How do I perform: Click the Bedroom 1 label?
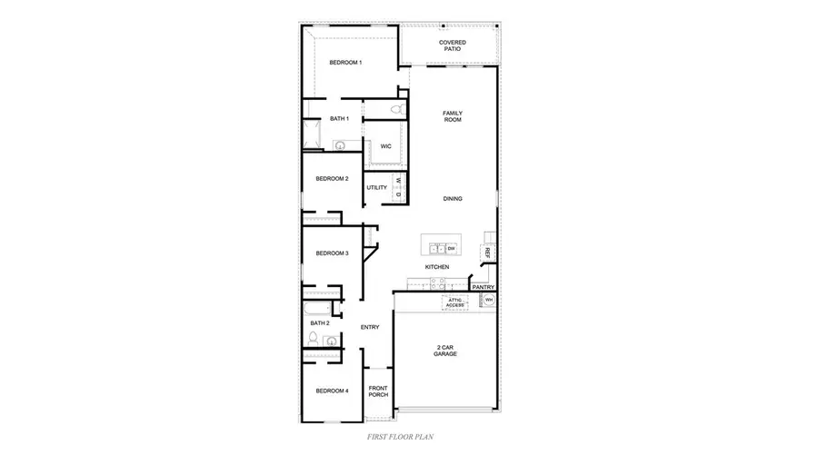point(344,63)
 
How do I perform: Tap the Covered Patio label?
point(453,45)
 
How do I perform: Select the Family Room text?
point(453,117)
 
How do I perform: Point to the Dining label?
point(453,198)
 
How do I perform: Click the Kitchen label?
point(437,267)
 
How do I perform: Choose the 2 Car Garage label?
point(445,350)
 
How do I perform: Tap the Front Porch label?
point(378,392)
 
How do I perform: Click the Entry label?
point(369,327)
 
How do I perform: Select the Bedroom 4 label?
point(332,391)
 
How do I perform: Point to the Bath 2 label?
point(319,322)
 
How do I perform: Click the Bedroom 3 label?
point(332,253)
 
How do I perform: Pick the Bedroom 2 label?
point(332,179)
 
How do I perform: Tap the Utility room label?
point(377,188)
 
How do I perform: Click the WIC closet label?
point(385,145)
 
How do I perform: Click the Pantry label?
point(483,287)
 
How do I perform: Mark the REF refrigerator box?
point(488,252)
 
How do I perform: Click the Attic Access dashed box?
point(455,302)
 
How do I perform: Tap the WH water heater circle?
point(488,300)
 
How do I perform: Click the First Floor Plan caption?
point(400,437)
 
